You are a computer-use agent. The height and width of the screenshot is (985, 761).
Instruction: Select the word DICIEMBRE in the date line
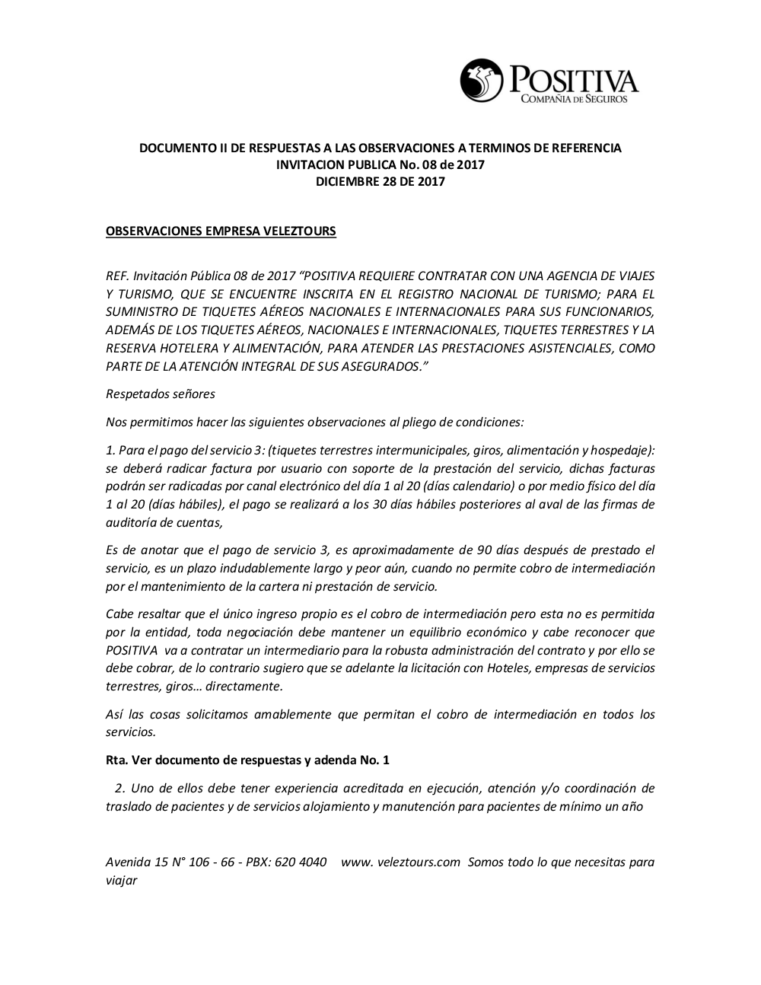point(347,181)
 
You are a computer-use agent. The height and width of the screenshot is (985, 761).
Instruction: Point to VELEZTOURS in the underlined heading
point(300,231)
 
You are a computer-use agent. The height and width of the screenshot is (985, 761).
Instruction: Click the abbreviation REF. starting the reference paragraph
point(118,276)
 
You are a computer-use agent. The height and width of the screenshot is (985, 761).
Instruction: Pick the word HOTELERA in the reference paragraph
point(188,349)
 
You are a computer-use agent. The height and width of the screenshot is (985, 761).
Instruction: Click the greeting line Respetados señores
point(161,394)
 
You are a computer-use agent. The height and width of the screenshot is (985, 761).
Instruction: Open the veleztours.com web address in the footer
point(401,862)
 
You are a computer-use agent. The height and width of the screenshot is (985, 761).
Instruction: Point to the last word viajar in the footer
point(121,881)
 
